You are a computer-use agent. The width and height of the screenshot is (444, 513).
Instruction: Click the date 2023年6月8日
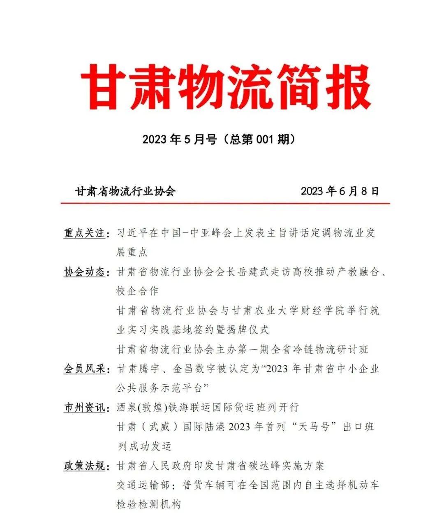[340, 191]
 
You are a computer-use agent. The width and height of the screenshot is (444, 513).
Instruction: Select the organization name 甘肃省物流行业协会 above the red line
[125, 191]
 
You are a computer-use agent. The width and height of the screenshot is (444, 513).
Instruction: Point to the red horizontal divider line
[225, 203]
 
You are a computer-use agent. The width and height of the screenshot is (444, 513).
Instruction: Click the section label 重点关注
[84, 233]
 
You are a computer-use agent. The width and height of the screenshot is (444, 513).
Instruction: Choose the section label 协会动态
[84, 272]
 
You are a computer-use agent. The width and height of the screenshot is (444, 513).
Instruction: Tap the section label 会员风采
[84, 369]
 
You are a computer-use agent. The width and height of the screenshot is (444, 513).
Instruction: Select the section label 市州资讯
[84, 408]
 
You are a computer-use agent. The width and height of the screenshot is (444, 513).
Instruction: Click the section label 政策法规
[84, 466]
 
